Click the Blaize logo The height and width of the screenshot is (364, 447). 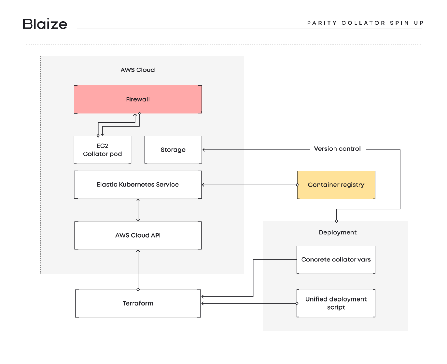click(x=45, y=24)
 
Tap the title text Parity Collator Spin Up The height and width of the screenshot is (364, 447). click(x=365, y=23)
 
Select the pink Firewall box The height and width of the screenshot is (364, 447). click(x=138, y=99)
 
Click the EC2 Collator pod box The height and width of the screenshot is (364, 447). click(x=102, y=150)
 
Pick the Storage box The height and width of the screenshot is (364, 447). click(x=173, y=150)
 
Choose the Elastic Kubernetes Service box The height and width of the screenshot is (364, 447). click(x=138, y=185)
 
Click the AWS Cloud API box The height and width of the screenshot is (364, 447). click(x=138, y=235)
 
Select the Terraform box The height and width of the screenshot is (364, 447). click(x=138, y=303)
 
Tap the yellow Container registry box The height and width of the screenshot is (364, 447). click(x=336, y=185)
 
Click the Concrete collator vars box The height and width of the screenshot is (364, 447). click(x=336, y=259)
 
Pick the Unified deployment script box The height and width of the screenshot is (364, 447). click(x=336, y=303)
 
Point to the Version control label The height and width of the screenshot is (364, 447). click(x=337, y=149)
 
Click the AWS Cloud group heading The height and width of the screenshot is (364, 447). click(x=137, y=70)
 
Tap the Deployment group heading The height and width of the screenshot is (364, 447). click(x=338, y=232)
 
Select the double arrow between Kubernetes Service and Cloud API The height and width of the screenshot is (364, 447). click(x=138, y=210)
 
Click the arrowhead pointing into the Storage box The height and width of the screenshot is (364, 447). click(x=204, y=150)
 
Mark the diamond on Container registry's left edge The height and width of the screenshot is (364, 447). click(x=297, y=185)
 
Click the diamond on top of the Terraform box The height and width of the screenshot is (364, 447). click(x=138, y=289)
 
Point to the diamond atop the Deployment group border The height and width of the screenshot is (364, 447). click(x=336, y=221)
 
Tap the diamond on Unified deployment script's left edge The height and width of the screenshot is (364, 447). click(x=297, y=303)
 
